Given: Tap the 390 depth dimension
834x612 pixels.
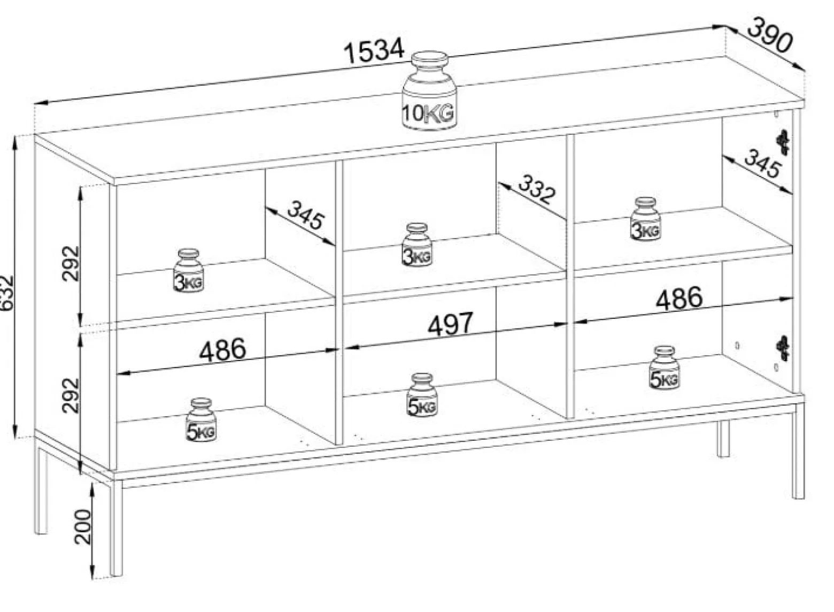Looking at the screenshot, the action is point(770,35).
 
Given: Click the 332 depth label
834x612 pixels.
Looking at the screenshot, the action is point(537,189).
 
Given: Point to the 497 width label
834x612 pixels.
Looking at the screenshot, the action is point(450,323).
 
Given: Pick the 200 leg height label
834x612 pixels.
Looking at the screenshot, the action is point(83,527).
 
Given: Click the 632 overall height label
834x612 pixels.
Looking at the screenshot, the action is point(7,293).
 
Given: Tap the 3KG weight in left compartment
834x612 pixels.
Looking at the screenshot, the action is point(188,271).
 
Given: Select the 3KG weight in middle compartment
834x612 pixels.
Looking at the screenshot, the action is point(416,244).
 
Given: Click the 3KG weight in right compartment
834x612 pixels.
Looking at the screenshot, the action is point(645,219).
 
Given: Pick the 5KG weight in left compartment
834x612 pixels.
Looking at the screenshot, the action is point(200,420).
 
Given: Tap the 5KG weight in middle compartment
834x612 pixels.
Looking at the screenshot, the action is point(422,395).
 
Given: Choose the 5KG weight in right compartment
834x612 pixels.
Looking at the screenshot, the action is point(664,368).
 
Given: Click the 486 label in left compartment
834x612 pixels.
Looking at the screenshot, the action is point(222,349).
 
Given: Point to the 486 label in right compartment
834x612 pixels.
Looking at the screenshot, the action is point(679,299).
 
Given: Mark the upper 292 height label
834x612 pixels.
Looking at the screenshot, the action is point(71,263).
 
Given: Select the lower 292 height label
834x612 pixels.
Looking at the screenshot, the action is point(71,395).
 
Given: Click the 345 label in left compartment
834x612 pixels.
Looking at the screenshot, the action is point(306,215).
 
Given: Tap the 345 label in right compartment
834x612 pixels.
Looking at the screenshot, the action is point(762,163).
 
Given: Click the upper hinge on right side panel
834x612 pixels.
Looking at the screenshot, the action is point(783,142).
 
